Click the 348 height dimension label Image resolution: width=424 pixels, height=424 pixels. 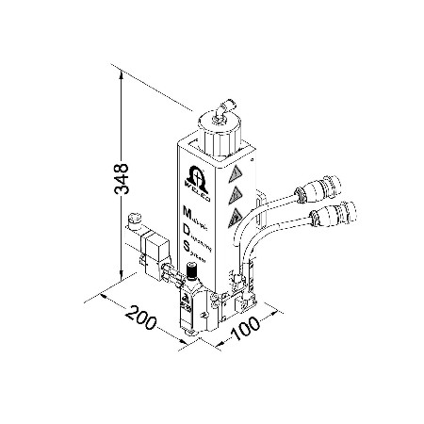(120, 179)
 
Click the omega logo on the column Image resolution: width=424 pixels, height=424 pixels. (192, 176)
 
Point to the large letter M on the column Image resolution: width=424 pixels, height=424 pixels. (188, 206)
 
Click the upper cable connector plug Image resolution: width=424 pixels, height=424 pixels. (310, 188)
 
